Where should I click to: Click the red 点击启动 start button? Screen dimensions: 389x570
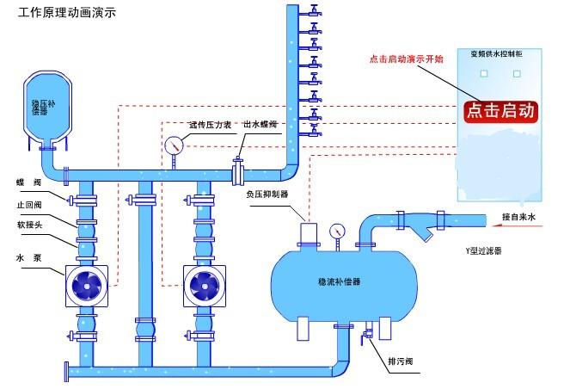(x=500, y=111)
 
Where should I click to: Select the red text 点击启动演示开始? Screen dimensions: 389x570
(x=406, y=59)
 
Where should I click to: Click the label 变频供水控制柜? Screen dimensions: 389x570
(x=502, y=54)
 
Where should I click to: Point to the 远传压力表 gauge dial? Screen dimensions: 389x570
(x=174, y=144)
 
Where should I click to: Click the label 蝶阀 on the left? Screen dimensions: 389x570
(x=27, y=182)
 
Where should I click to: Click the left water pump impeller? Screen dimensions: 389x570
(x=88, y=284)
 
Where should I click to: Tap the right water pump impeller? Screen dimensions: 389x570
(x=205, y=284)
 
